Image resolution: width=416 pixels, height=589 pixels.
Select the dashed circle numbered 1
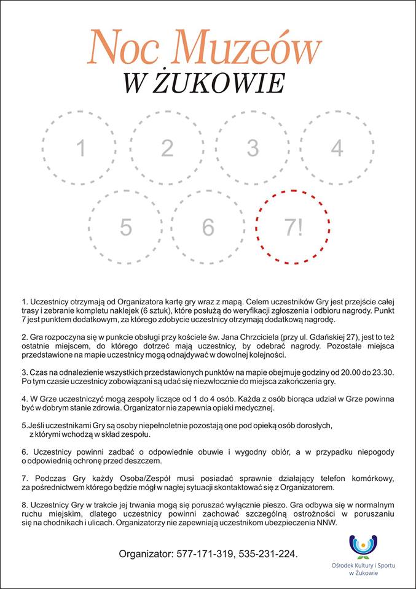coord(80,148)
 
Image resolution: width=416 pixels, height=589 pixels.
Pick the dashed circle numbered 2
coord(167,148)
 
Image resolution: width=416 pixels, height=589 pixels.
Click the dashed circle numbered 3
coord(253,148)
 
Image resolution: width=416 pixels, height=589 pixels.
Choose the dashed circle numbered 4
coord(337,148)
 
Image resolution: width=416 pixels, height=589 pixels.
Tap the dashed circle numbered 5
coord(126,226)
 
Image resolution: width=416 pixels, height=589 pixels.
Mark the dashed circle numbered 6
coord(208,226)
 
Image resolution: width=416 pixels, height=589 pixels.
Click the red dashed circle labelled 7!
coord(294,226)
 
